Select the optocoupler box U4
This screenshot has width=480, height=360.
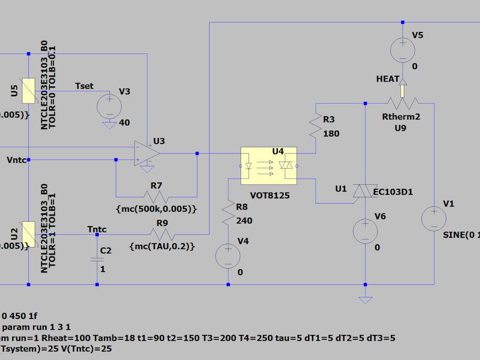point(268,166)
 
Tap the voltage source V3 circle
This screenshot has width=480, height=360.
point(109,105)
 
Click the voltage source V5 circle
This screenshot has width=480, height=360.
point(403,51)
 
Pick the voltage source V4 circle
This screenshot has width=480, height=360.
point(228,255)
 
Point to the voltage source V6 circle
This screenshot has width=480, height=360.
point(365,230)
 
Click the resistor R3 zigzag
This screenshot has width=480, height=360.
point(316,126)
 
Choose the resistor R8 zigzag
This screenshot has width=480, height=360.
point(228,212)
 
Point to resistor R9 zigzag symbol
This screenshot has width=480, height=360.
point(162,234)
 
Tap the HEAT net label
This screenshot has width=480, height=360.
point(388,79)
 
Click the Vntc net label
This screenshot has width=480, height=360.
point(16,159)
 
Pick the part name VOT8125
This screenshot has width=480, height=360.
point(269,196)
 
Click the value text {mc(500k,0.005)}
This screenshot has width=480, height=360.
point(156,209)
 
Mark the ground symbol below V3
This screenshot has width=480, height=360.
point(109,125)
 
